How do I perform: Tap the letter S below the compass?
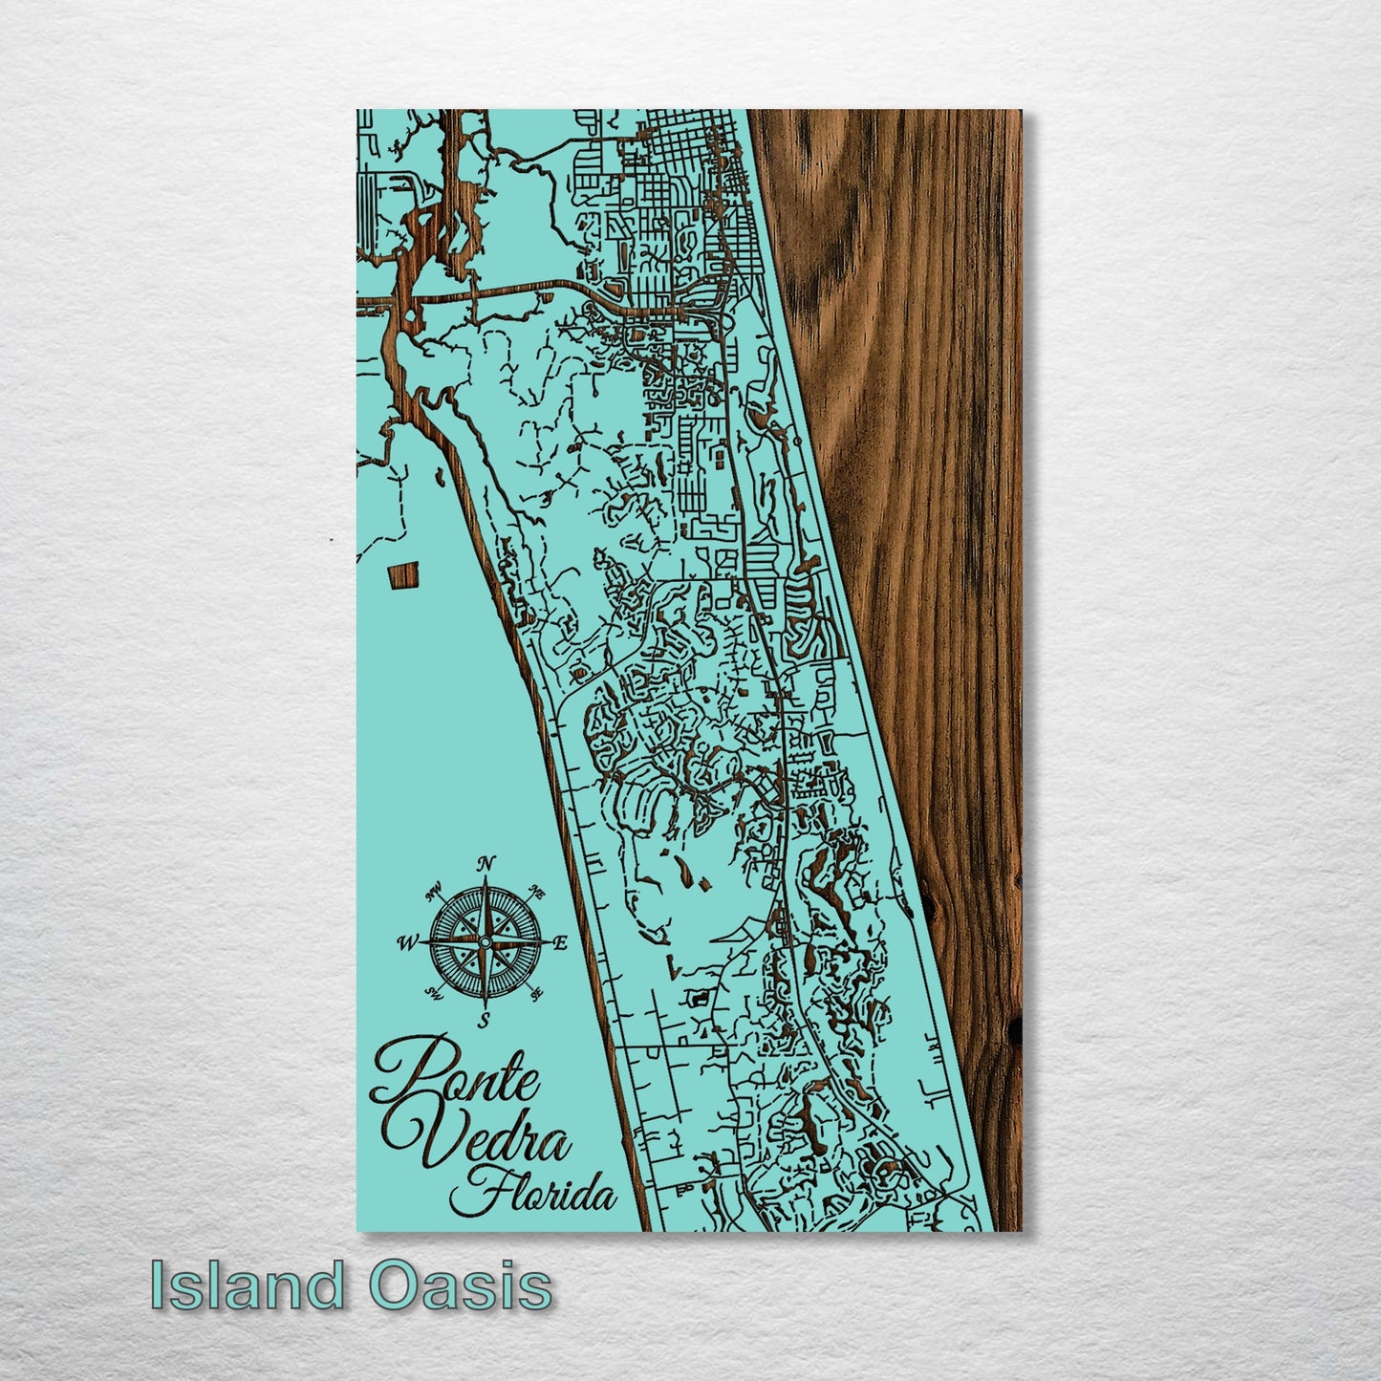click(x=484, y=1020)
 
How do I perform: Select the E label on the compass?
click(x=561, y=943)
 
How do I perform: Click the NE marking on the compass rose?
click(x=537, y=895)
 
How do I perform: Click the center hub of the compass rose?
click(x=485, y=943)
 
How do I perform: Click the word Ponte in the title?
click(x=458, y=1074)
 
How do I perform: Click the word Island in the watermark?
click(x=247, y=1284)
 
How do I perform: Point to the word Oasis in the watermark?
click(x=461, y=1284)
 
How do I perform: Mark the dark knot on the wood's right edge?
click(x=1015, y=1028)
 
